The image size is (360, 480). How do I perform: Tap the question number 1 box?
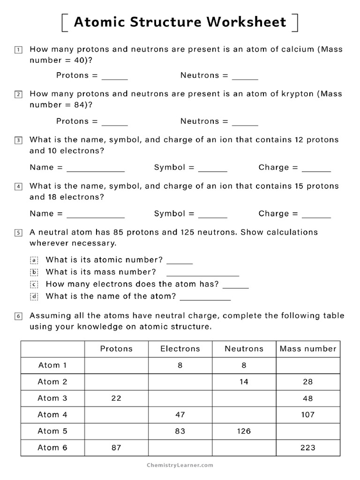pyautogui.click(x=18, y=49)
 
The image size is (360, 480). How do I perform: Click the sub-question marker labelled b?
pyautogui.click(x=33, y=272)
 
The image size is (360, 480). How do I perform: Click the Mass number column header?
pyautogui.click(x=308, y=349)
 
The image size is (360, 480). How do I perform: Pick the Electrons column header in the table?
pyautogui.click(x=180, y=349)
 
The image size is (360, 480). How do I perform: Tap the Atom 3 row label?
pyautogui.click(x=52, y=398)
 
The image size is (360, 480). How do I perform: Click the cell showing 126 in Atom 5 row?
pyautogui.click(x=244, y=431)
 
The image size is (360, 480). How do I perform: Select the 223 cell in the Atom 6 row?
pyautogui.click(x=308, y=447)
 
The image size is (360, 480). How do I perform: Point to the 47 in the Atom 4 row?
pyautogui.click(x=180, y=414)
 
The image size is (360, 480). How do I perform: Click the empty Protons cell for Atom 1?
pyautogui.click(x=116, y=365)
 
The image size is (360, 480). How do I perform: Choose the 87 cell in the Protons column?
pyautogui.click(x=116, y=447)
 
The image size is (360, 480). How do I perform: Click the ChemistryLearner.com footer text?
pyautogui.click(x=180, y=465)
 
